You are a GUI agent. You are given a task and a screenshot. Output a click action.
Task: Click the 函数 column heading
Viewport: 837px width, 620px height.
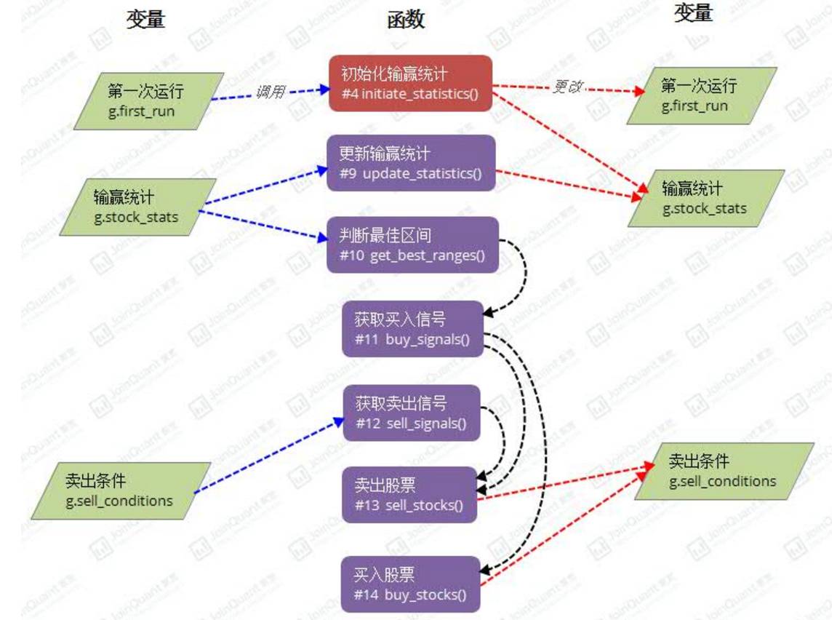tap(406, 20)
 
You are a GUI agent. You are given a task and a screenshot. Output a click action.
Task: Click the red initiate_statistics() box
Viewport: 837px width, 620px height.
tap(411, 83)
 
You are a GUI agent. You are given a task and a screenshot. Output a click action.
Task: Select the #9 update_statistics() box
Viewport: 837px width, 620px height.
tap(411, 163)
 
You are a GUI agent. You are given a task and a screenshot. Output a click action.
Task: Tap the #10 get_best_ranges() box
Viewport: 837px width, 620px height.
tap(412, 245)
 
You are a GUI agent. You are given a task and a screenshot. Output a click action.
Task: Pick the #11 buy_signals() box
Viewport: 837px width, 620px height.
tap(412, 329)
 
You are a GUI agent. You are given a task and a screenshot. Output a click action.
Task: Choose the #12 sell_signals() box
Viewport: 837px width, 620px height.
tap(411, 413)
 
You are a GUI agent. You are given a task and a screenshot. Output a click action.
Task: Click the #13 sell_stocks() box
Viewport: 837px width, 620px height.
tap(409, 495)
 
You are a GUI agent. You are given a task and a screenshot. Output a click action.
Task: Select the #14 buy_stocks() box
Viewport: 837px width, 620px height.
tap(410, 584)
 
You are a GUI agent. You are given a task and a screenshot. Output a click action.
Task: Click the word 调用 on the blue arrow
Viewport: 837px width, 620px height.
tap(270, 92)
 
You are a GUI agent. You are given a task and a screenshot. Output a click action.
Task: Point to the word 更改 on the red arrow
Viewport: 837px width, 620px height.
tap(568, 87)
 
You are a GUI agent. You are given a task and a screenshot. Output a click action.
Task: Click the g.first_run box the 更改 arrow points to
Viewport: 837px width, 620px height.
tap(702, 95)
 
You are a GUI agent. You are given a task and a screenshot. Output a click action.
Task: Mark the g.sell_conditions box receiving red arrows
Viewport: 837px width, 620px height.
tap(723, 471)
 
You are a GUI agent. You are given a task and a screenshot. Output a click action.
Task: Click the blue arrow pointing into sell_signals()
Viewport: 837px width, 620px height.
tap(269, 456)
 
